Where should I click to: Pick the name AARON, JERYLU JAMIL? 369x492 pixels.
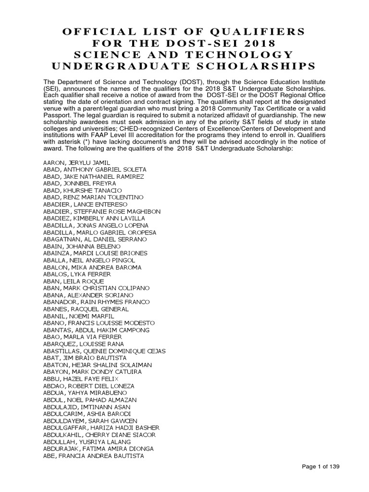click(x=76, y=163)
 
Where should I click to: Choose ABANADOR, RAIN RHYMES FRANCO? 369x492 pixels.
click(x=97, y=301)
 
